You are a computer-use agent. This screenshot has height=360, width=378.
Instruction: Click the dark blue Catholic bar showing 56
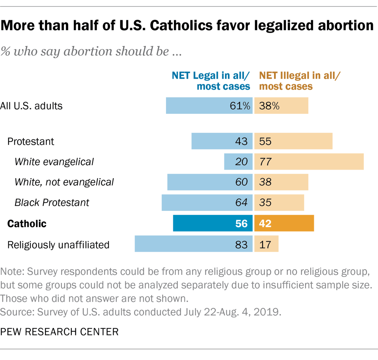coord(213,224)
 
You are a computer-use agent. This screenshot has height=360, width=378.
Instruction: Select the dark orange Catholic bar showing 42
coord(284,224)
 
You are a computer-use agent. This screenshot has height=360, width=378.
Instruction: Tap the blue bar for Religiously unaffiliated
coord(193,244)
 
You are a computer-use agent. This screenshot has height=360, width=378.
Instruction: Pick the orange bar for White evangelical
coord(309,162)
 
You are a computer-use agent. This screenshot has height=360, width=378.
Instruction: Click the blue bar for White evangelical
coord(238,162)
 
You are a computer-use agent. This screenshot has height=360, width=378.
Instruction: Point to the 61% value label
coord(240,106)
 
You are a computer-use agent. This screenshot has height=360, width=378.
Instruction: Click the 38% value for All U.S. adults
coord(269,106)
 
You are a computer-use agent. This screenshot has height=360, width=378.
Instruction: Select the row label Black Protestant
coord(52,202)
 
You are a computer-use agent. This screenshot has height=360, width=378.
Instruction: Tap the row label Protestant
coord(31,142)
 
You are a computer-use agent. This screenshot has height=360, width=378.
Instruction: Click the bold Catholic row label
coord(27,224)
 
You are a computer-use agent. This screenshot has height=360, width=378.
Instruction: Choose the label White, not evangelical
coord(64,182)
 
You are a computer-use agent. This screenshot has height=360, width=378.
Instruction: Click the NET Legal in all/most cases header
coord(211,81)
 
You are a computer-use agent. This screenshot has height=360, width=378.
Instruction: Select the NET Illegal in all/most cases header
coord(299,81)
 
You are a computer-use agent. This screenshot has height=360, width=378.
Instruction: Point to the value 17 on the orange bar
coord(265,245)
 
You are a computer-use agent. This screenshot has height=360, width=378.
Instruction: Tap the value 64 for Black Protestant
coord(241,202)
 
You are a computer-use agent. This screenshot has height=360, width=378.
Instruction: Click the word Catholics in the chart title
coord(181,26)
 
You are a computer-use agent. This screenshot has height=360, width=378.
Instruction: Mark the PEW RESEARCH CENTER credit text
coord(59,332)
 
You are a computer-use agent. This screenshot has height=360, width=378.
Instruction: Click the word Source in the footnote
coord(16,312)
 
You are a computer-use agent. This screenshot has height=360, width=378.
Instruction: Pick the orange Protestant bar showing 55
coord(293,141)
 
